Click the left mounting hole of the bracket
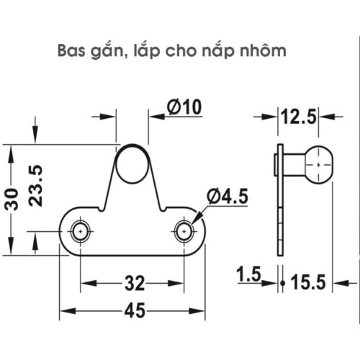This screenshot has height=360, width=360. point(80,232)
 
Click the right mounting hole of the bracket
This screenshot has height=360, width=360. point(185,232)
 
